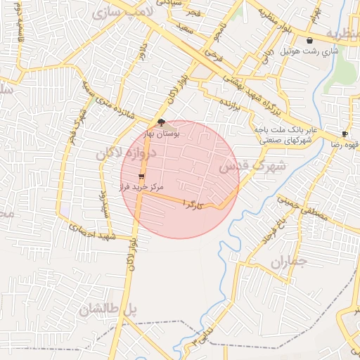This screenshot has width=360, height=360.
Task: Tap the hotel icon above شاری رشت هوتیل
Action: [310, 41]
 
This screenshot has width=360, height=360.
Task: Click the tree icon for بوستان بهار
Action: [162, 122]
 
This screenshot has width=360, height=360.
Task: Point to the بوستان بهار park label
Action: [162, 132]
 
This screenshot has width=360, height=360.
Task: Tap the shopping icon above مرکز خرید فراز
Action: [142, 176]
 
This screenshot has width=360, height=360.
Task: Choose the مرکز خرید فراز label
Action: [141, 188]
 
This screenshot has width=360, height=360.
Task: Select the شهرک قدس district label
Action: [252, 167]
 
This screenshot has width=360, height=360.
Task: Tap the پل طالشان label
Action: [107, 309]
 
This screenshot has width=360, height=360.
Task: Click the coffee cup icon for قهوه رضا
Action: [345, 134]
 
